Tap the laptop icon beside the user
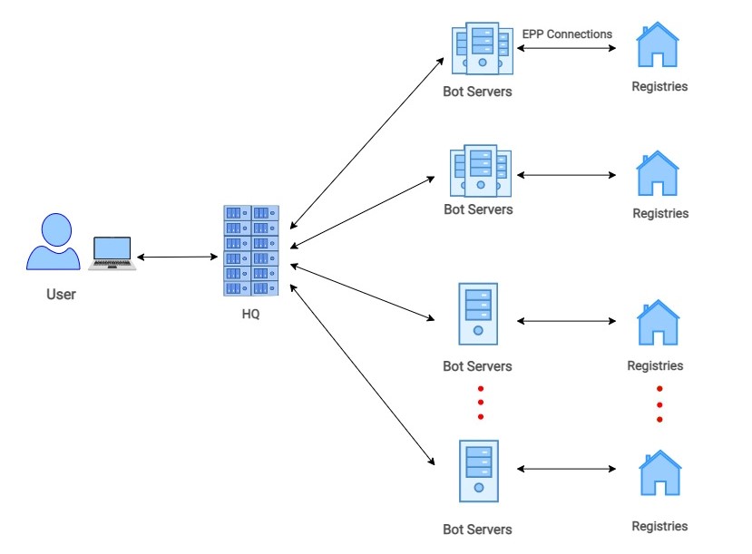112,253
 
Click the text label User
62,295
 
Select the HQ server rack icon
251,250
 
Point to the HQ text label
251,314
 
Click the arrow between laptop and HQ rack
179,258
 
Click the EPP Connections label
567,34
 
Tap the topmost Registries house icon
658,46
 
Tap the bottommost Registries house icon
659,474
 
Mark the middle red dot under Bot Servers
480,403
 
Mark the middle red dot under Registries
659,404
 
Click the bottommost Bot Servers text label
477,529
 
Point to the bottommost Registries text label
659,526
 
